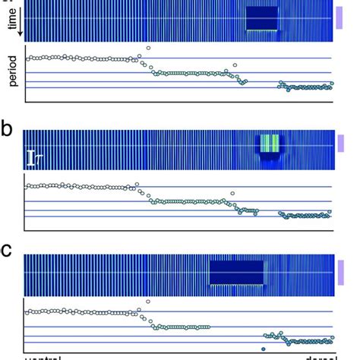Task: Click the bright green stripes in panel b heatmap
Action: click(x=269, y=143)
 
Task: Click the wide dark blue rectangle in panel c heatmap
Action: click(x=236, y=272)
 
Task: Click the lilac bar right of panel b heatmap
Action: click(x=342, y=143)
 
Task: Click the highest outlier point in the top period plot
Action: click(x=148, y=48)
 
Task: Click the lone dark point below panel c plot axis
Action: click(x=262, y=349)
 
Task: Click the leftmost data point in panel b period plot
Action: click(x=28, y=186)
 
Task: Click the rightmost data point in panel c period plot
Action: click(x=331, y=341)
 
